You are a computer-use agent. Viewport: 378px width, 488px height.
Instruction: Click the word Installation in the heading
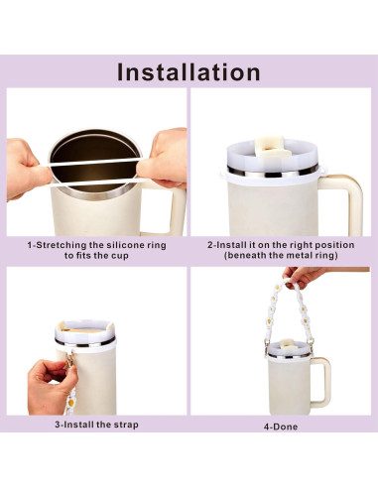coord(189,71)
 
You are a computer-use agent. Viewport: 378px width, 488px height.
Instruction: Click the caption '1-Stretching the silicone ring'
coord(95,243)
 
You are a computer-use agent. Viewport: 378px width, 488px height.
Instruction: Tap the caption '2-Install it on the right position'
coord(279,243)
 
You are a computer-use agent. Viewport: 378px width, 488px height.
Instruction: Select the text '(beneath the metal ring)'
coord(279,255)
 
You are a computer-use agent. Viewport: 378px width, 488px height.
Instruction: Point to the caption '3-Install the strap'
coord(95,425)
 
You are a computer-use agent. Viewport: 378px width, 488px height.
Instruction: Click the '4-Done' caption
coord(281,427)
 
